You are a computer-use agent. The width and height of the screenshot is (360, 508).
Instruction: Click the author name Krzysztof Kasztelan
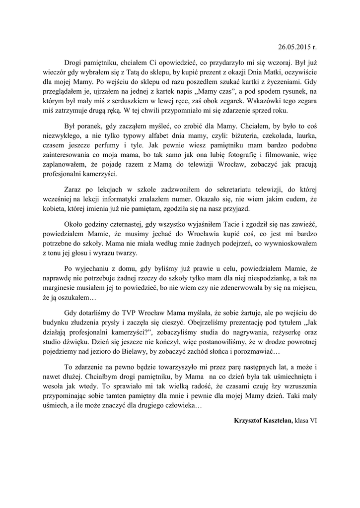pos(263,421)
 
